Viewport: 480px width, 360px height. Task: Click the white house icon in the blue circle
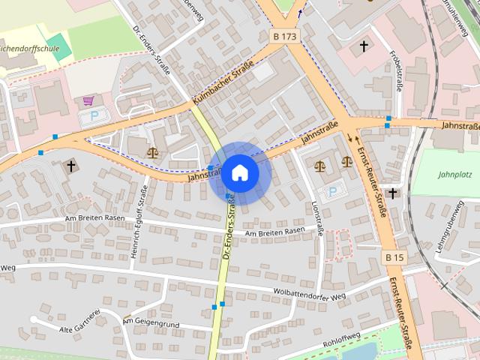click(240, 172)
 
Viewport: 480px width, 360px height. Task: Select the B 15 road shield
click(394, 257)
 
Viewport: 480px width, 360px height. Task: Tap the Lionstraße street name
click(317, 218)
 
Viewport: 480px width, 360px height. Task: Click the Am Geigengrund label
click(153, 320)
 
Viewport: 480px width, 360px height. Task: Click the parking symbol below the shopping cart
click(94, 116)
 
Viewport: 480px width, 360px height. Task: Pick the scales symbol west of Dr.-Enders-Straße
click(153, 151)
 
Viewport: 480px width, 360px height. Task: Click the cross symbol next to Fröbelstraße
click(364, 46)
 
